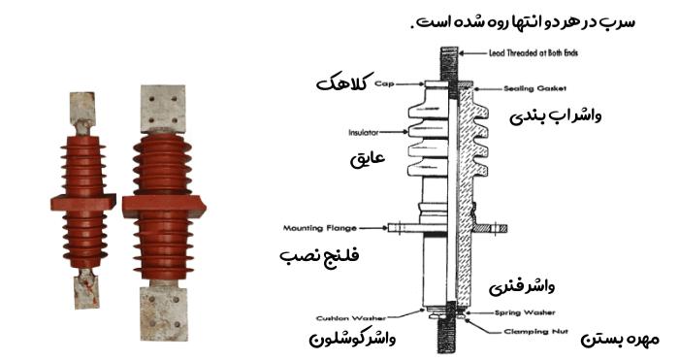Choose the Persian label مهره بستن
623,340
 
